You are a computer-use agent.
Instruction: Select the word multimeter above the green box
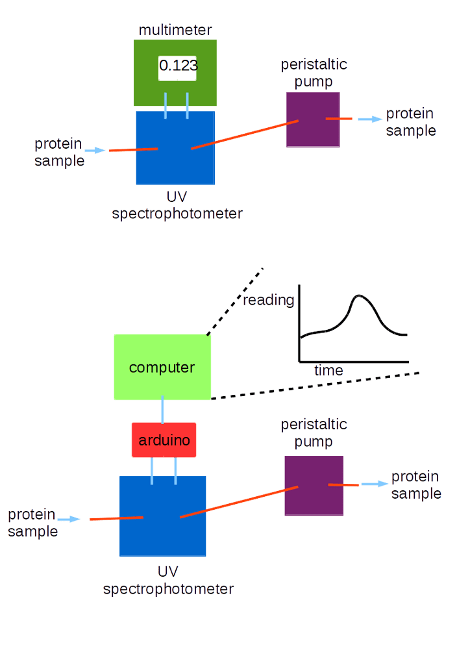coord(175,30)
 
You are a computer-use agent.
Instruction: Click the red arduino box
coord(164,440)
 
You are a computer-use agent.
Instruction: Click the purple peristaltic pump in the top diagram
coord(313,130)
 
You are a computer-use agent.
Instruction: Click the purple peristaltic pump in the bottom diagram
coord(314,500)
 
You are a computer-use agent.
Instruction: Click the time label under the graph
coord(328,371)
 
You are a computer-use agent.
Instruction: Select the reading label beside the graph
coord(269,300)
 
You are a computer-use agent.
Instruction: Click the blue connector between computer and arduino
coord(162,408)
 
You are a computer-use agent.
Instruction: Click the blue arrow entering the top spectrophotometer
coord(95,150)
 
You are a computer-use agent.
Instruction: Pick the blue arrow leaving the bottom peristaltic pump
coord(374,484)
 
